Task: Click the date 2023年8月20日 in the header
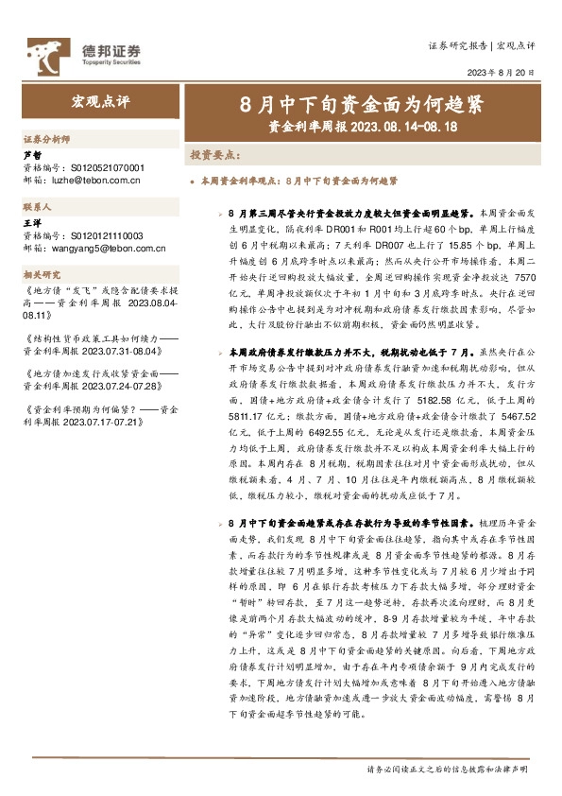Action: [502, 72]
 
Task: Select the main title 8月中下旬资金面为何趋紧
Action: [363, 102]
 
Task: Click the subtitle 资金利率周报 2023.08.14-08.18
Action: [363, 124]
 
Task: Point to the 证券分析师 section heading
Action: [46, 136]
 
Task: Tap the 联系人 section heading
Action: [37, 205]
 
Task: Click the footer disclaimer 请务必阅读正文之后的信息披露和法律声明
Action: [451, 770]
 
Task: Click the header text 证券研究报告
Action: [457, 45]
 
